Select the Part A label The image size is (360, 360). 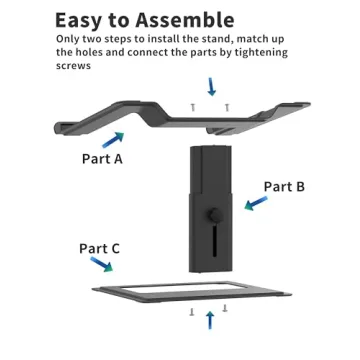click(101, 157)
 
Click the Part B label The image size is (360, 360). click(284, 186)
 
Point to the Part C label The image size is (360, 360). click(100, 248)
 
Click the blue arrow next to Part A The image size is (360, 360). click(114, 139)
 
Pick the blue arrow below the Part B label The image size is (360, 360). click(256, 203)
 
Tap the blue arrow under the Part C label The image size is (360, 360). click(101, 266)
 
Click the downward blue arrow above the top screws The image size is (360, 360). click(210, 86)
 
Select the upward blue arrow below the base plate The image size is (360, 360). click(209, 320)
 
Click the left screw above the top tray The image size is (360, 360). click(192, 105)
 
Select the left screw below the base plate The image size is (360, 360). click(192, 311)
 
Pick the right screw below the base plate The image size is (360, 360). click(225, 309)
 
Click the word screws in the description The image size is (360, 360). click(73, 66)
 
